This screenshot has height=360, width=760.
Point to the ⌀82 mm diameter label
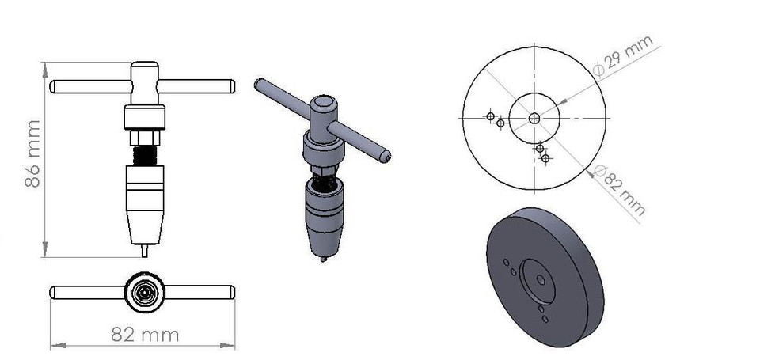[621, 191]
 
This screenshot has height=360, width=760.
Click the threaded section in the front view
[144, 155]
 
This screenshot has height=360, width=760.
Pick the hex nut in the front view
[144, 138]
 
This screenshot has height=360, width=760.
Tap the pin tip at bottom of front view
[144, 251]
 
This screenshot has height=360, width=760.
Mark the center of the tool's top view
[143, 292]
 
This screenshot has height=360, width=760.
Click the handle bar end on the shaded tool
[385, 157]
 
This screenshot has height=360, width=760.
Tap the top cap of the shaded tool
[323, 103]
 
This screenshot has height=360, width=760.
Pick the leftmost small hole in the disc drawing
[490, 117]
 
